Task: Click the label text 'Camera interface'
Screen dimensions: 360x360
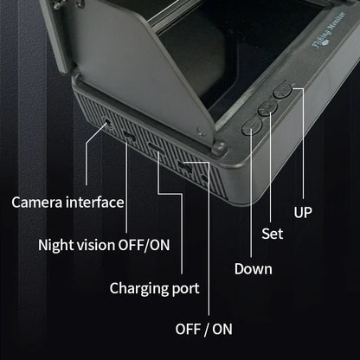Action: (67, 202)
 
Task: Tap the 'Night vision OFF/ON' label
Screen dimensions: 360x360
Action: (104, 244)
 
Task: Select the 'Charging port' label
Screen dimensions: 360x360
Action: (154, 286)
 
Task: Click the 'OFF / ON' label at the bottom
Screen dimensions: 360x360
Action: (203, 329)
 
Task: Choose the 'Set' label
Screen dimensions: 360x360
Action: (272, 233)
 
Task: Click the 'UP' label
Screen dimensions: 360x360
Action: (304, 211)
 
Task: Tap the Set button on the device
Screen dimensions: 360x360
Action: (267, 106)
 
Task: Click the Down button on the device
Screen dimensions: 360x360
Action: (252, 124)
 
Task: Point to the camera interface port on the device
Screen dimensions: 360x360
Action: (106, 124)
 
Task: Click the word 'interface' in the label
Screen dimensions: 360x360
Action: (93, 202)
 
